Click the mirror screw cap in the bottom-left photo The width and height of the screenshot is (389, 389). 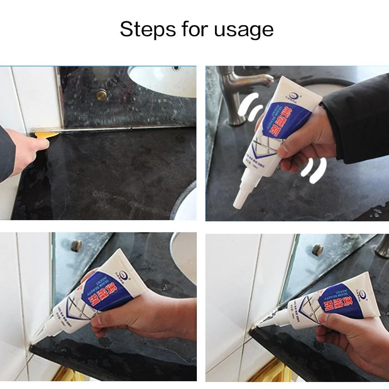pyautogui.click(x=76, y=245)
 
